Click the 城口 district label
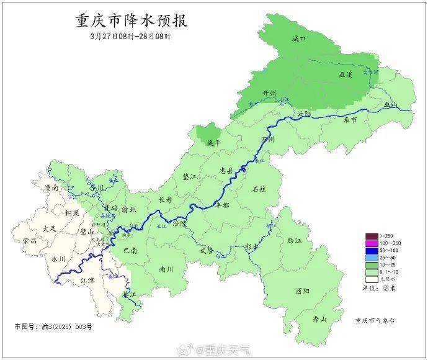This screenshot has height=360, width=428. coord(298,39)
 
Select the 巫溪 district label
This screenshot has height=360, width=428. coord(346,74)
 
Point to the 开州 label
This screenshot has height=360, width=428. coord(268,93)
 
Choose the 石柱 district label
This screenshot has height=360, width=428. coord(258,189)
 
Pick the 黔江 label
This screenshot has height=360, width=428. coord(286,240)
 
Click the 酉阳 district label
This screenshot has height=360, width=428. coord(303,290)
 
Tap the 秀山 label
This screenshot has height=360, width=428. coord(319,319)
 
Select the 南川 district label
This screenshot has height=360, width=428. coord(166,269)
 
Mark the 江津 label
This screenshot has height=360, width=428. coord(89,281)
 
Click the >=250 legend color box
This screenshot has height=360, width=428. coord(371,236)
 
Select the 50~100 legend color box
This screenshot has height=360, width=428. coord(371,250)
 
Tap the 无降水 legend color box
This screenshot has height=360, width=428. coord(371,278)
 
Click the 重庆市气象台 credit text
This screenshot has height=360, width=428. coord(374,320)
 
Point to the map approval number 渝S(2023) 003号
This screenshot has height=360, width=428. coord(53,326)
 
